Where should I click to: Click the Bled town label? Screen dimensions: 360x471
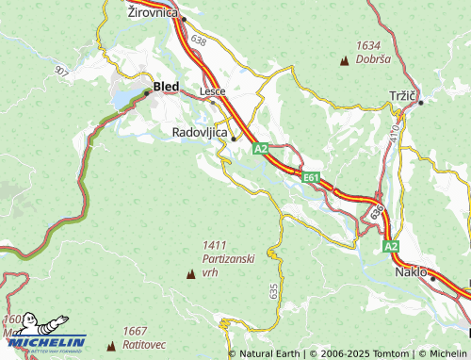166,87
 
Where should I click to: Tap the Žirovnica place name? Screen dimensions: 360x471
154,12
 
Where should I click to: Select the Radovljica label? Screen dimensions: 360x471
201,133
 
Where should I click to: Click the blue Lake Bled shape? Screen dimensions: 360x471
126,98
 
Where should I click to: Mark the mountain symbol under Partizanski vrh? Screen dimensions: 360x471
192,274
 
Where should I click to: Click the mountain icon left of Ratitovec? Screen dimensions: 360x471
113,345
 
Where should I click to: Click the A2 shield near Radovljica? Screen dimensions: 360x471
261,149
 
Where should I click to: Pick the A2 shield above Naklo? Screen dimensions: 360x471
391,246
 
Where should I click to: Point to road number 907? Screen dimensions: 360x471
62,71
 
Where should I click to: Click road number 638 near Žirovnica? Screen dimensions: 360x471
197,41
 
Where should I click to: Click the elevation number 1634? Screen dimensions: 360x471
368,44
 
